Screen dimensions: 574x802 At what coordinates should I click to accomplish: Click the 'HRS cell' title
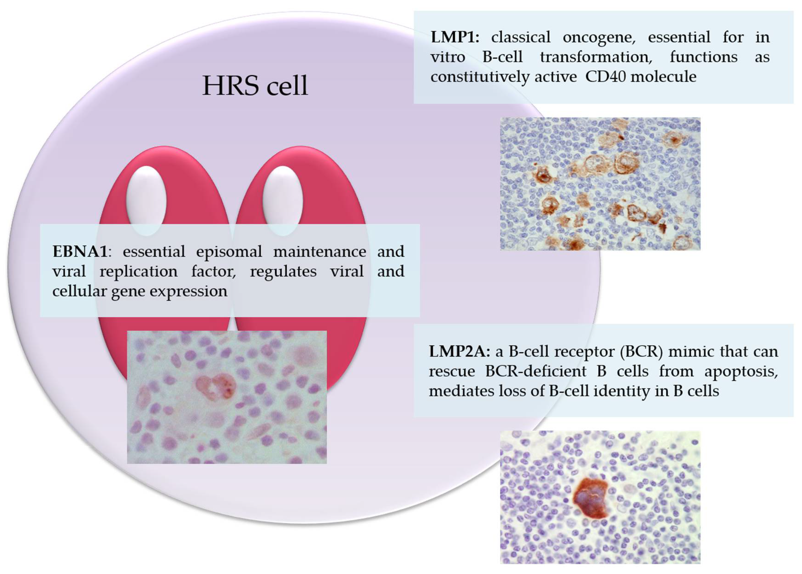(255, 86)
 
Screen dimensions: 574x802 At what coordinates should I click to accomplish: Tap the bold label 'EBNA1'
(80, 252)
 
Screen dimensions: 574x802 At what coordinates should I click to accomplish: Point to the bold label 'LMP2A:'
(459, 352)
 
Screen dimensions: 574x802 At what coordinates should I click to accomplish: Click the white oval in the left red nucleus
(146, 200)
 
